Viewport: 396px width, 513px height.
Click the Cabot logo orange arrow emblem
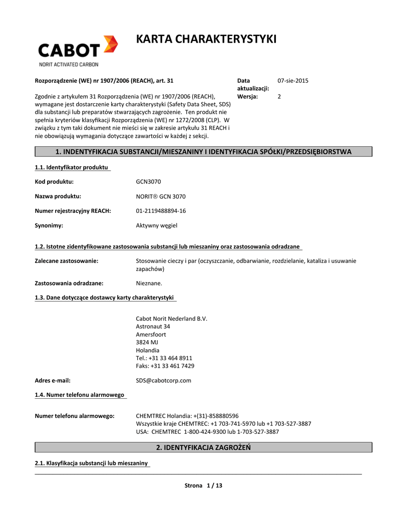[x=110, y=44]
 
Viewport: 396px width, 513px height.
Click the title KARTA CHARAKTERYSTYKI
[x=206, y=39]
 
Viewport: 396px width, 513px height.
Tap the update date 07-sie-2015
[x=293, y=81]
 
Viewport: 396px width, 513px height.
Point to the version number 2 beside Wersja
[x=279, y=97]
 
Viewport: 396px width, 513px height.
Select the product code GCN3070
[x=149, y=182]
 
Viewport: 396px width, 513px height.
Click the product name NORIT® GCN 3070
[x=161, y=196]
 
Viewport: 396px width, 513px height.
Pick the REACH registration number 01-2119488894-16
[x=161, y=211]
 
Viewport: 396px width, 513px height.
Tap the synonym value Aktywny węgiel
[x=157, y=225]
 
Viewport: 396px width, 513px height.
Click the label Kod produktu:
[x=54, y=182]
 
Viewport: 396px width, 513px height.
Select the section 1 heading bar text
[x=203, y=152]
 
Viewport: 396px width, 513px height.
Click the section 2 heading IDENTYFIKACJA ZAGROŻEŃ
[x=203, y=447]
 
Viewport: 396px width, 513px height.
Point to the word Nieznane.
[x=149, y=283]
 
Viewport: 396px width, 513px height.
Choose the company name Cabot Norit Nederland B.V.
[x=172, y=319]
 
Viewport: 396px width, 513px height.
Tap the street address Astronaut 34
[x=153, y=327]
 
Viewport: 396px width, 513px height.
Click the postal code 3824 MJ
[x=147, y=342]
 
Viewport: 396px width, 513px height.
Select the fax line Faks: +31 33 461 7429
[x=165, y=366]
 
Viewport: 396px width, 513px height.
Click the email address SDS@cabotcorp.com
[x=164, y=380]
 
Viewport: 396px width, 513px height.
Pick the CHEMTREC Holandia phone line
[x=187, y=416]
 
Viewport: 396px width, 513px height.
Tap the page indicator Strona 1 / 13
[x=203, y=485]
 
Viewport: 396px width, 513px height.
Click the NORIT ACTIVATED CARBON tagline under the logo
[x=69, y=64]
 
